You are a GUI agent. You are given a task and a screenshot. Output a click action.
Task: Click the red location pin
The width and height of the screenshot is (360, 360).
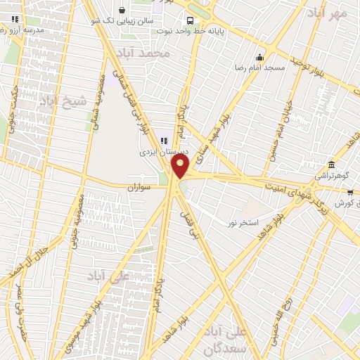pyautogui.click(x=181, y=167)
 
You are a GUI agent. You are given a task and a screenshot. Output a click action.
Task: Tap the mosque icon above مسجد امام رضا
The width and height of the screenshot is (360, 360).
pyautogui.click(x=260, y=58)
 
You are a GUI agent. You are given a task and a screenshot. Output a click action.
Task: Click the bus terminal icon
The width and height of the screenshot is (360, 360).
pyautogui.click(x=191, y=20)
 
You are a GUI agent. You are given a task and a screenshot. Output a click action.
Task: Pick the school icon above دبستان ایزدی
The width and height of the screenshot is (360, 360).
pyautogui.click(x=164, y=141)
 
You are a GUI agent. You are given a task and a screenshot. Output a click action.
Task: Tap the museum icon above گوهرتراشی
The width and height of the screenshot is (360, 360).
pyautogui.click(x=331, y=163)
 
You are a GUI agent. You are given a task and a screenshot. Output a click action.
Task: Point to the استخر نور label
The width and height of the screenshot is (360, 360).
pyautogui.click(x=243, y=223)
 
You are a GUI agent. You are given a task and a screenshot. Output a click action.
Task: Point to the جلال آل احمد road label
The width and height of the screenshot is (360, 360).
pyautogui.click(x=8, y=271)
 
